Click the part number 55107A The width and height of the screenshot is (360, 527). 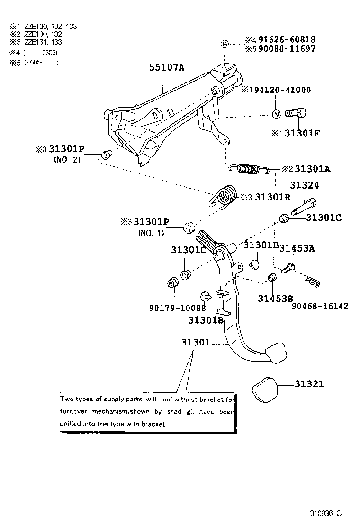tap(166, 68)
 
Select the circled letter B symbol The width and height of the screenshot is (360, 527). tap(225, 44)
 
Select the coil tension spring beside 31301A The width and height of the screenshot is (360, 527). tap(248, 168)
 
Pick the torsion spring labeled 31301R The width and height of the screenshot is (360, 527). tap(224, 196)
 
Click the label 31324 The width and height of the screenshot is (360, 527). tap(305, 185)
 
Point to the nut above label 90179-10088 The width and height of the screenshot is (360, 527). tap(173, 284)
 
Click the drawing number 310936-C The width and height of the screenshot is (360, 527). tap(326, 514)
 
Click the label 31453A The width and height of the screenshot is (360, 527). tap(297, 247)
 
